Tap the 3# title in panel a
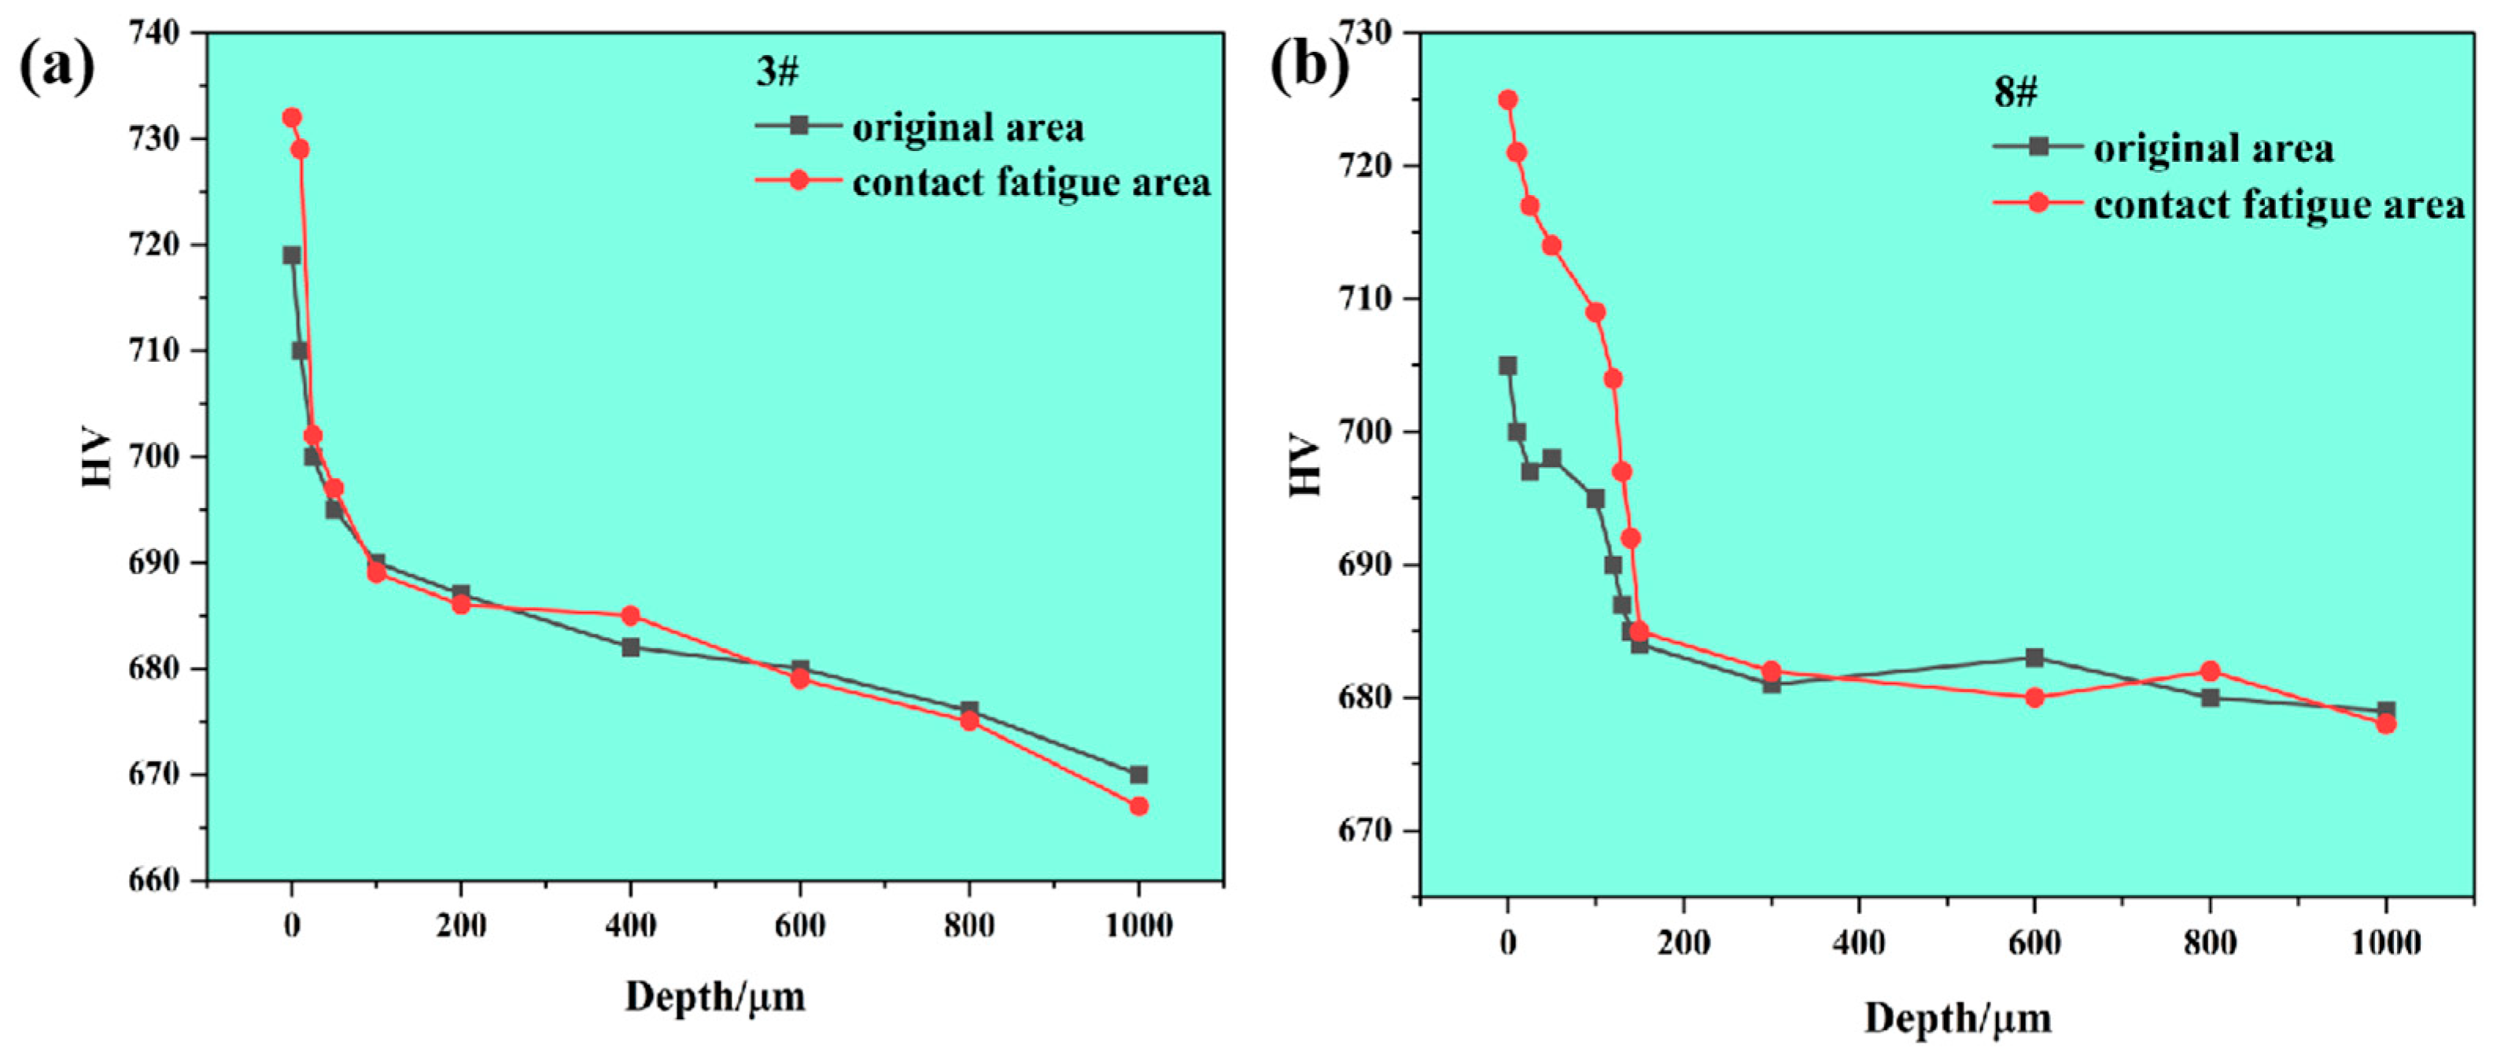tap(777, 72)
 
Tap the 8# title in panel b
tap(2016, 92)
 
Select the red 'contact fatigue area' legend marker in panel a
tap(799, 180)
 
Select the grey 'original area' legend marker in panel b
tap(2038, 146)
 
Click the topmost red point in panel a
tap(292, 117)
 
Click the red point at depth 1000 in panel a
tap(1138, 806)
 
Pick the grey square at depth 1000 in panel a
tap(1138, 775)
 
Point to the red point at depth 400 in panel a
tap(630, 615)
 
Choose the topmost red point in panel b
tap(1507, 100)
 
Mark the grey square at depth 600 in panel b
tap(2034, 658)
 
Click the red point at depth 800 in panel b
tap(2210, 671)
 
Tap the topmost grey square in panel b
tap(1507, 366)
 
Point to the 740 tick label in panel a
tap(154, 33)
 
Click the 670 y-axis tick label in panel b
tap(1366, 830)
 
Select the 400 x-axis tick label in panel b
tap(1858, 943)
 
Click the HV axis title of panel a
tap(97, 458)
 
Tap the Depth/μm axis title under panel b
tap(1957, 1019)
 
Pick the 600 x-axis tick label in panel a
tap(800, 926)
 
